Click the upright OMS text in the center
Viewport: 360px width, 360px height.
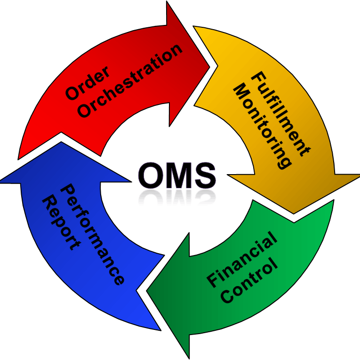point(177,175)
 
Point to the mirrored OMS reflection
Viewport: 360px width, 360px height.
point(177,198)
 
